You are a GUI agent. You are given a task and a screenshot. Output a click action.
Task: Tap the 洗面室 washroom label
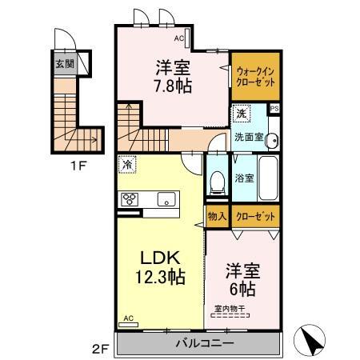[x=248, y=137]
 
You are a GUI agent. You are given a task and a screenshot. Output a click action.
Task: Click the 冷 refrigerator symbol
[x=126, y=164]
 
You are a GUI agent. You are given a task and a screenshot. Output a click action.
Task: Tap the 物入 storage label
[x=217, y=216]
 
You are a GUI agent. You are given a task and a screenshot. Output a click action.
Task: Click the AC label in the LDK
[x=127, y=318]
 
